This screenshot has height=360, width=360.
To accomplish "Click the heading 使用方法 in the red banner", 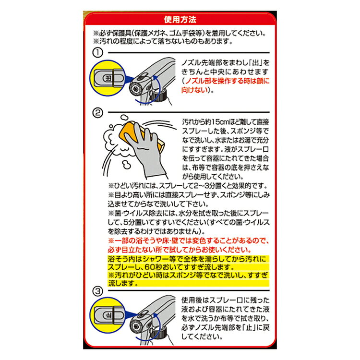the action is click(x=180, y=20).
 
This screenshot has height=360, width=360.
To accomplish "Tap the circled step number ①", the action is click(x=97, y=53).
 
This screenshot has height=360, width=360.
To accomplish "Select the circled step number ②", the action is click(x=97, y=113).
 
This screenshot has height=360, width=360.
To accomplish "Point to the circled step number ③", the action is click(x=97, y=291).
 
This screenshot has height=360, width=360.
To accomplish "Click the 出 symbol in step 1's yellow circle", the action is click(x=108, y=78).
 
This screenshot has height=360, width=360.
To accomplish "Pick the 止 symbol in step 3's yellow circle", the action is click(x=108, y=315).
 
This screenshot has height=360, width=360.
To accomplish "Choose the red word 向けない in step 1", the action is click(x=194, y=90).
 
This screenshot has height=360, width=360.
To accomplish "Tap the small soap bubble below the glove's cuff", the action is click(x=126, y=165).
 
